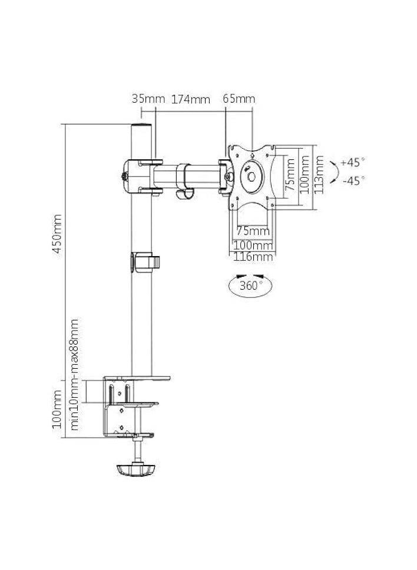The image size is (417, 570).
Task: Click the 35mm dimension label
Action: click(148, 99)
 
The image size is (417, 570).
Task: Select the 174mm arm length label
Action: click(191, 99)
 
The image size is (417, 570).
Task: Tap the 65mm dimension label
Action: click(239, 99)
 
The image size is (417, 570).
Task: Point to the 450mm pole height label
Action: click(58, 233)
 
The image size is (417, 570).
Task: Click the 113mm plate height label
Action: click(319, 176)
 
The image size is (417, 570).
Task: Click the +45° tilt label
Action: click(353, 162)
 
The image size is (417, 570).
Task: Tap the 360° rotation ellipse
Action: click(250, 287)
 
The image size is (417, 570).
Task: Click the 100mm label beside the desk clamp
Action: click(57, 408)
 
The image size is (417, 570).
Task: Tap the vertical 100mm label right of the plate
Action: click(305, 175)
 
